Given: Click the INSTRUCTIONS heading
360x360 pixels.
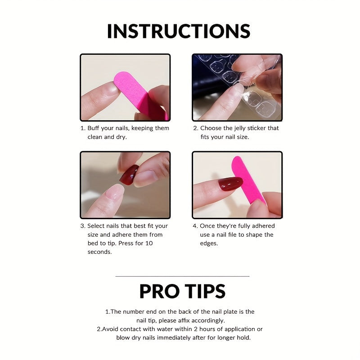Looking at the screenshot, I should pyautogui.click(x=178, y=31).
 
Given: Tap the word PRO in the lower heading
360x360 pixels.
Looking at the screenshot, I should pyautogui.click(x=161, y=291).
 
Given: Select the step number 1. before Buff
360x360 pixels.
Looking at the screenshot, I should pyautogui.click(x=83, y=128).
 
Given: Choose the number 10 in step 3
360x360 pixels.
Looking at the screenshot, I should pyautogui.click(x=149, y=243).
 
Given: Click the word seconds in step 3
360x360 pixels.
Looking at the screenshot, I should pyautogui.click(x=99, y=252).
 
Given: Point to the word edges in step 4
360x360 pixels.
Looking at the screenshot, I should pyautogui.click(x=209, y=243).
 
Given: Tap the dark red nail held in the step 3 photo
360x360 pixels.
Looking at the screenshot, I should pyautogui.click(x=130, y=174).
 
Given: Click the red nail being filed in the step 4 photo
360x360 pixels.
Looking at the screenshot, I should pyautogui.click(x=230, y=184).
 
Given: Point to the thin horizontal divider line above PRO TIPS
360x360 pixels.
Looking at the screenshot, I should pyautogui.click(x=182, y=276).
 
